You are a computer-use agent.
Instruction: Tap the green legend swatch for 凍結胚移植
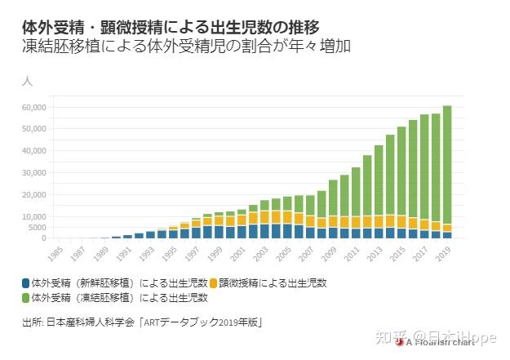click(x=27, y=298)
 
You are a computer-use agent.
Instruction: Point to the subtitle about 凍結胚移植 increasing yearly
click(x=187, y=47)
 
